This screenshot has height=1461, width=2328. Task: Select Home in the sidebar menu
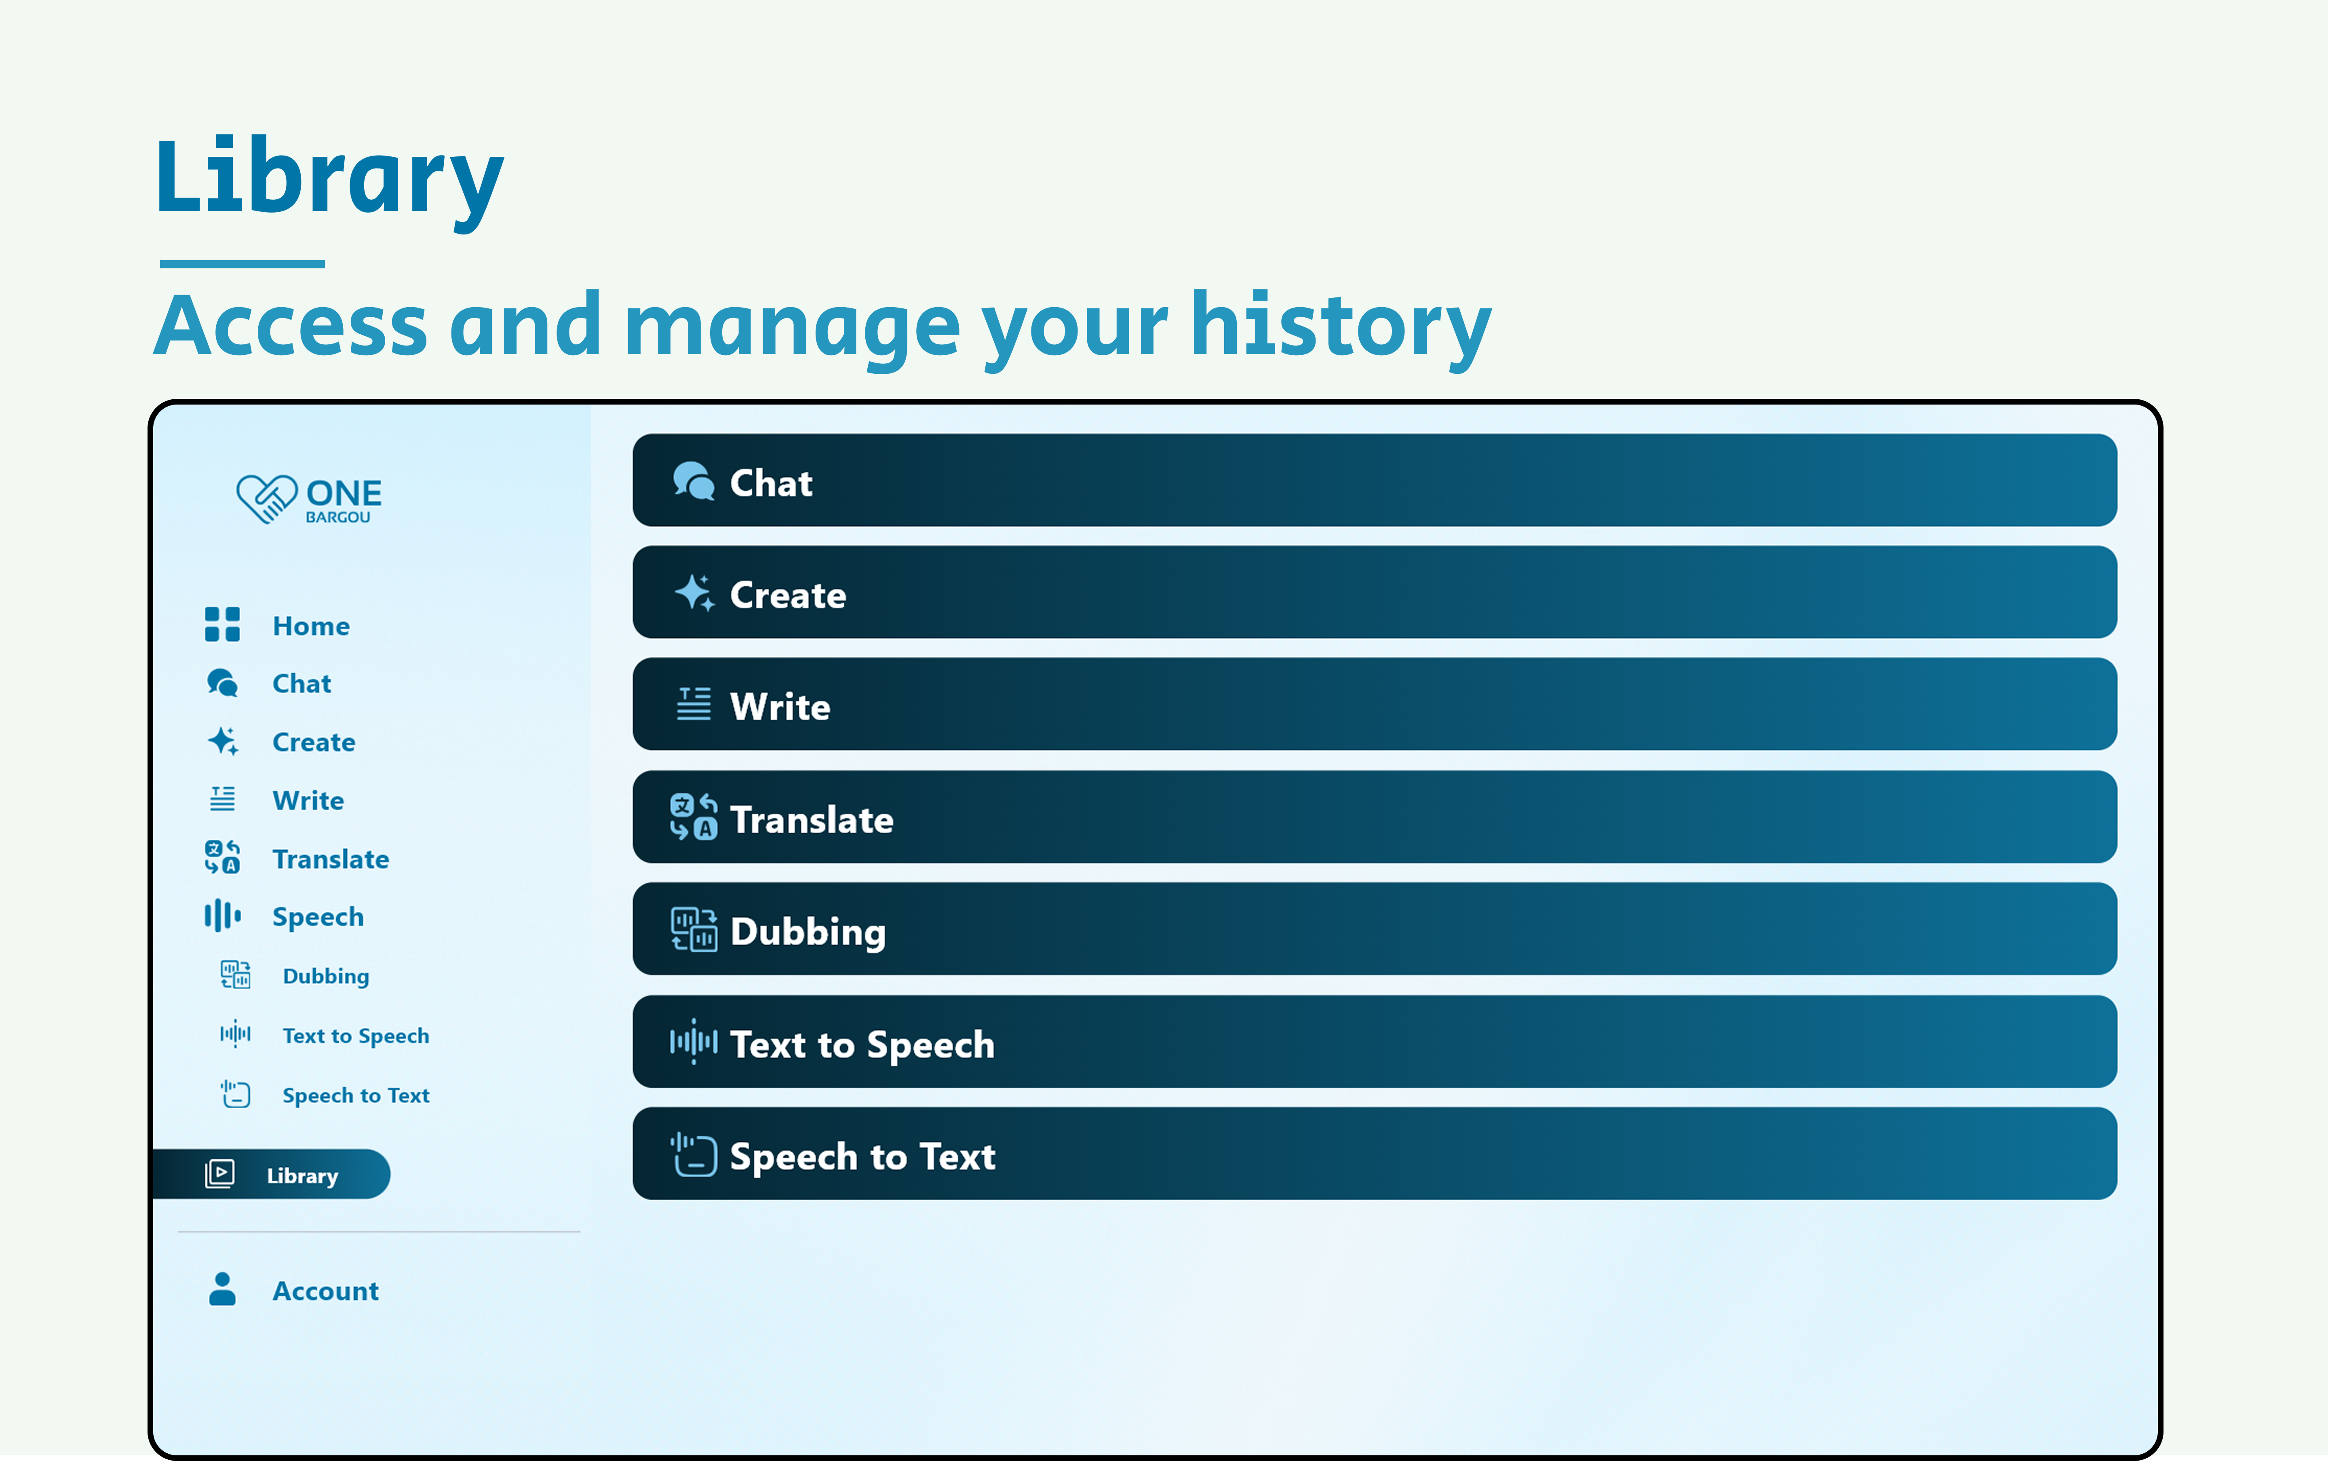[310, 626]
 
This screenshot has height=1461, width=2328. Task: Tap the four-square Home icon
[222, 624]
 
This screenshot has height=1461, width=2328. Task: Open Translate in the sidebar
[331, 859]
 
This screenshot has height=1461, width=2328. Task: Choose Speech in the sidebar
[318, 917]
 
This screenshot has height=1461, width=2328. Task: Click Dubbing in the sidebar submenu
[326, 976]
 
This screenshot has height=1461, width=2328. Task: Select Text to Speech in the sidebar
[356, 1036]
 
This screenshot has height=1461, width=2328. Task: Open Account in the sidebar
[326, 1291]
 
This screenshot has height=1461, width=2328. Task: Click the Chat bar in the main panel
[1374, 480]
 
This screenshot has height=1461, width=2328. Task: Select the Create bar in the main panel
[1374, 592]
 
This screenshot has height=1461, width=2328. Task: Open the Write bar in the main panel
[1374, 704]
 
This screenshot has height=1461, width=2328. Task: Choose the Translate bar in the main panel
[1374, 816]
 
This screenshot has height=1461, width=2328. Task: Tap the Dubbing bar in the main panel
[1374, 929]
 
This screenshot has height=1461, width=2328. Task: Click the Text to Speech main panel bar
[1374, 1041]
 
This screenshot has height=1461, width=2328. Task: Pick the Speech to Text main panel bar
[1374, 1154]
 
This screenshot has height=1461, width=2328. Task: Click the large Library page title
[329, 179]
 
